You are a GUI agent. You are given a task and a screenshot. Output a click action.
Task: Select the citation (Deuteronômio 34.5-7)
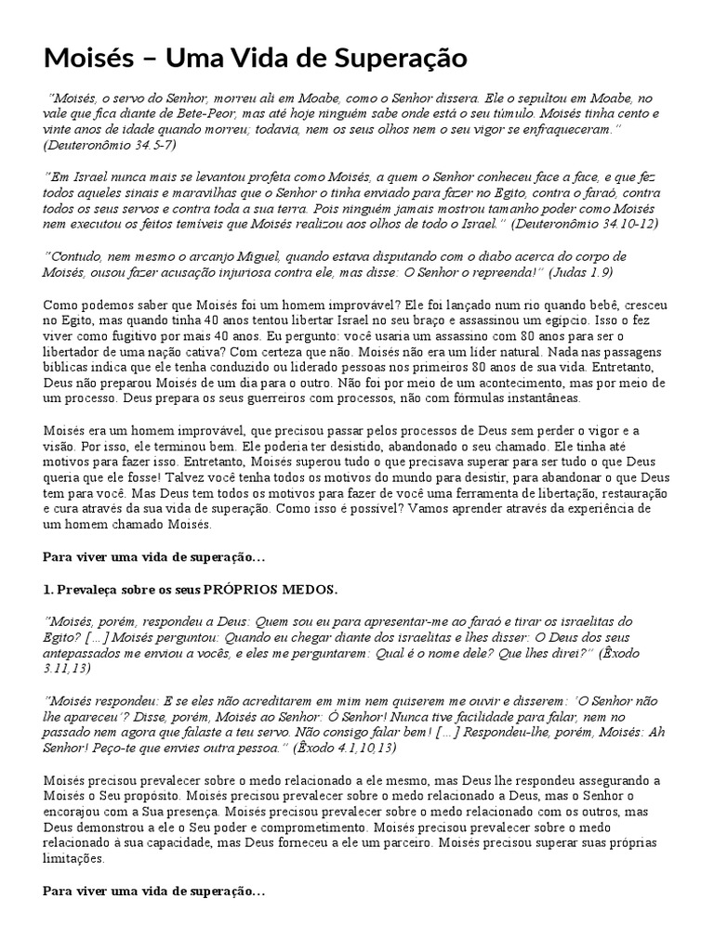pos(110,145)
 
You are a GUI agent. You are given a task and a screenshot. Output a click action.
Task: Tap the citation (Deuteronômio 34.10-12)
pos(587,223)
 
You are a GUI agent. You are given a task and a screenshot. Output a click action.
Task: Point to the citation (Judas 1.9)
pos(580,271)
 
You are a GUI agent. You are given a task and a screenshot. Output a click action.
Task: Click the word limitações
pos(76,860)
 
